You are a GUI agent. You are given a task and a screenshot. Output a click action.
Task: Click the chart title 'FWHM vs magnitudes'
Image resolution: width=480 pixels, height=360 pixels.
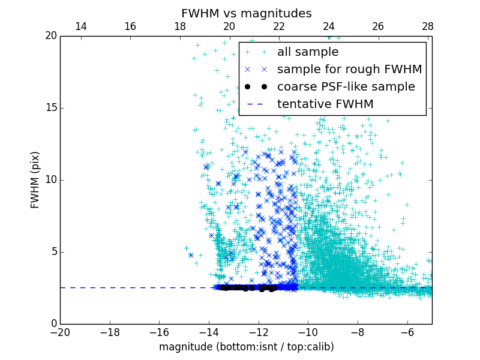[x=246, y=13]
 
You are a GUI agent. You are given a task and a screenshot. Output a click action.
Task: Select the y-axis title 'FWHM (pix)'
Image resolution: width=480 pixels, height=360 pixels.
[x=35, y=179]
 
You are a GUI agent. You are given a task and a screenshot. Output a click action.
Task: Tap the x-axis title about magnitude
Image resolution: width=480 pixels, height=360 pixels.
[x=246, y=347]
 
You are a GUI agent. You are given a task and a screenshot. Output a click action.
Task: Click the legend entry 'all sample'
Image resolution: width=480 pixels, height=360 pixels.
[x=307, y=52]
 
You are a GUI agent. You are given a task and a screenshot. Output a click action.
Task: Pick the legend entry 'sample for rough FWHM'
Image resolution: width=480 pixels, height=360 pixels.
[x=349, y=70]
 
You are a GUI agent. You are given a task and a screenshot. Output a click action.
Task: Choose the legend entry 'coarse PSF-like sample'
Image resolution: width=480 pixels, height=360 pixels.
[x=346, y=87]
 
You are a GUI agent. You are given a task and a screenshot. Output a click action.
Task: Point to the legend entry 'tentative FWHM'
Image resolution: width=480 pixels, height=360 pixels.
[x=325, y=104]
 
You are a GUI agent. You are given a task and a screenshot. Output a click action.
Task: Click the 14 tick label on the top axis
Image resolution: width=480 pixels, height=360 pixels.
[x=80, y=26]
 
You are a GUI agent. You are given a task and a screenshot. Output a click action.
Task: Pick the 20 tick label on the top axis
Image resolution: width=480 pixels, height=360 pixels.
[x=229, y=26]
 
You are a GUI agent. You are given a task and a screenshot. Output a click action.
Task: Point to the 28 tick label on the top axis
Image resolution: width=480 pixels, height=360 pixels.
[x=427, y=26]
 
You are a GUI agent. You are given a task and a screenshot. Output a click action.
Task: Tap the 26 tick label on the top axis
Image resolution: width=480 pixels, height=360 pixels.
[x=378, y=26]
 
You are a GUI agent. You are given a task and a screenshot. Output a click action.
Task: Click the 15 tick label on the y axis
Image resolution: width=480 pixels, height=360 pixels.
[x=50, y=108]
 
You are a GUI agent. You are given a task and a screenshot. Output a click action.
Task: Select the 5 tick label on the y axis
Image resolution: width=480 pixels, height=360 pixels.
[x=53, y=252]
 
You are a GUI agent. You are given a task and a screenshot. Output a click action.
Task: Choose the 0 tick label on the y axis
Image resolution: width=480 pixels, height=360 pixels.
[x=53, y=324]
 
